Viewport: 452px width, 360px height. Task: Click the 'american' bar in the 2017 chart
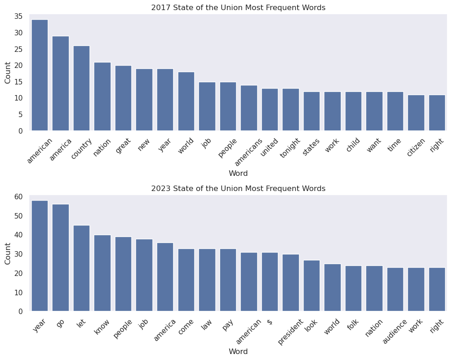[x=40, y=75]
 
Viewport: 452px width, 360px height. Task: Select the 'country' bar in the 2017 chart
[x=81, y=88]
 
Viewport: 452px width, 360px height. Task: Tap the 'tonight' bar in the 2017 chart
[x=290, y=110]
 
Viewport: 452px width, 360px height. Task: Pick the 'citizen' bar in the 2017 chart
[x=416, y=113]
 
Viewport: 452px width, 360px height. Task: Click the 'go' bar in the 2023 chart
[x=61, y=258]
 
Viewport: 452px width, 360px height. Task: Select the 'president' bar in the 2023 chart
[x=290, y=283]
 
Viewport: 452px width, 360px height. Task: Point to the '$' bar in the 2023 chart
[x=270, y=282]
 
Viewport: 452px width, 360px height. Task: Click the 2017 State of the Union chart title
[x=238, y=8]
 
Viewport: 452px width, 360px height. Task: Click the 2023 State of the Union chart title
[x=238, y=188]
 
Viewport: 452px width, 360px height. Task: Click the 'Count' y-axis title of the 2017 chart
[x=8, y=73]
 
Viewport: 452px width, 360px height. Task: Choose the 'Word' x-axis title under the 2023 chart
[x=238, y=352]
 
